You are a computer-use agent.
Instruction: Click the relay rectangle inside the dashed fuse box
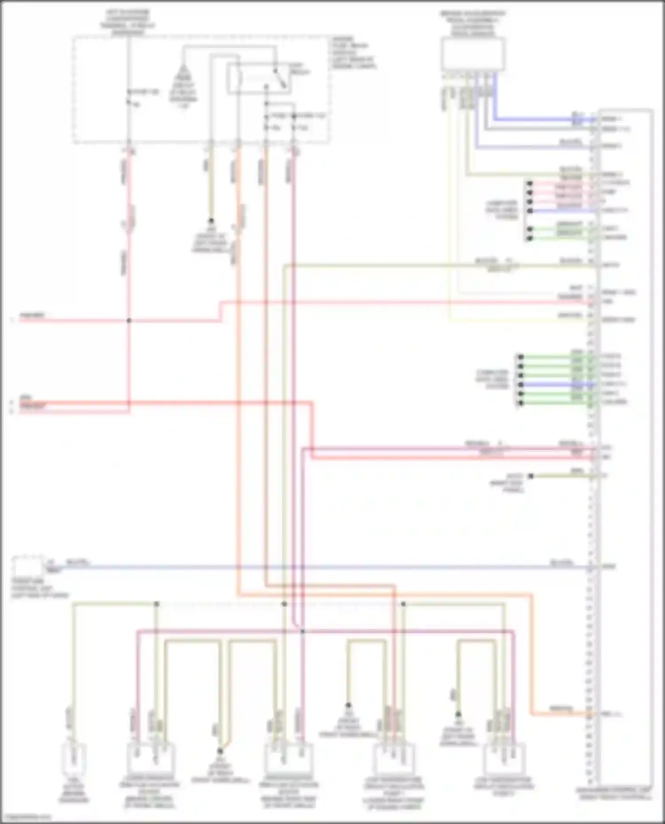[x=259, y=78]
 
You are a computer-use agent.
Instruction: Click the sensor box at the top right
[x=473, y=54]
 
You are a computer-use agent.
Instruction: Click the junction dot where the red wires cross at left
[x=129, y=320]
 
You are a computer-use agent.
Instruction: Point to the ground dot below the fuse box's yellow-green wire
[x=211, y=220]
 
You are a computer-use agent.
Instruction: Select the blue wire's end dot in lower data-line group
[x=520, y=384]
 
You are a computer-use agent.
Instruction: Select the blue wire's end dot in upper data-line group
[x=529, y=211]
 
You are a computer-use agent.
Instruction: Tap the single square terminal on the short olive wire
[x=531, y=476]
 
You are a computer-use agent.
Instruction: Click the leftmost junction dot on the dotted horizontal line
[x=156, y=604]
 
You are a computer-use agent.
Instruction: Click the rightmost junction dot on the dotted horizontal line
[x=403, y=604]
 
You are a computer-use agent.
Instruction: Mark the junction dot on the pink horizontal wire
[x=302, y=631]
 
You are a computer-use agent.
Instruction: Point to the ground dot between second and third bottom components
[x=219, y=751]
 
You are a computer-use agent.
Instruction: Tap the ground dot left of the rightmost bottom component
[x=458, y=714]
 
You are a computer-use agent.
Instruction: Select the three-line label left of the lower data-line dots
[x=492, y=379]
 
